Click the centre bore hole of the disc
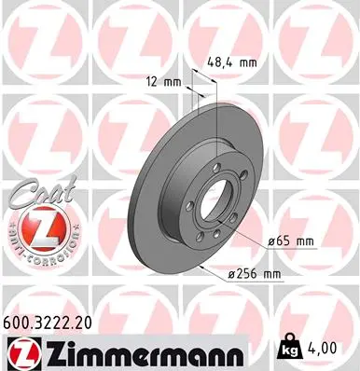click(x=208, y=202)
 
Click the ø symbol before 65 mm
click(x=271, y=242)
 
